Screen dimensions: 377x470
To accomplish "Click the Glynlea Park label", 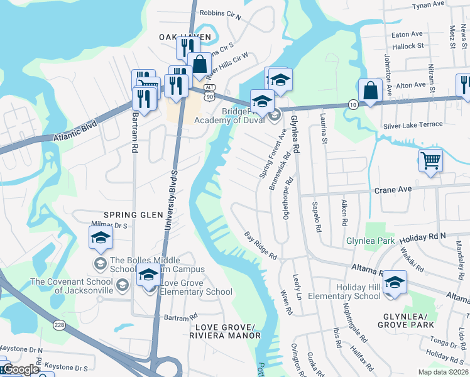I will click(371, 241).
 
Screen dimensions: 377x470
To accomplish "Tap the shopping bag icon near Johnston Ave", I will click(371, 90).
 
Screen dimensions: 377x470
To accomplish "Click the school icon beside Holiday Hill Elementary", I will click(395, 281).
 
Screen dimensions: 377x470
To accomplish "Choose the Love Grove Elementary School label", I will click(196, 287).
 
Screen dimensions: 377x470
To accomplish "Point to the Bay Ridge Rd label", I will click(261, 245).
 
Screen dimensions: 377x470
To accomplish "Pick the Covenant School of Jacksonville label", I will click(72, 286).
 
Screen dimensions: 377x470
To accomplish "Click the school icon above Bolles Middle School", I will click(101, 238).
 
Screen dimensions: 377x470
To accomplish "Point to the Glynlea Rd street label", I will click(294, 134).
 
